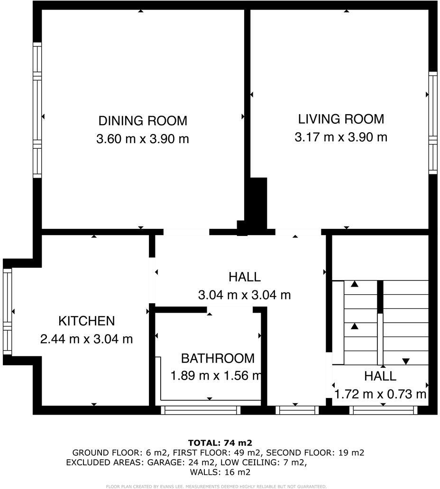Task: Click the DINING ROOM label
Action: [142, 120]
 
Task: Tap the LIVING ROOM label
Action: [341, 118]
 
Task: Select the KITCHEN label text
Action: [86, 321]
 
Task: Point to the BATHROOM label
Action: [218, 358]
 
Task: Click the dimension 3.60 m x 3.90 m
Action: [142, 139]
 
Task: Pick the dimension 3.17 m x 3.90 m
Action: [341, 137]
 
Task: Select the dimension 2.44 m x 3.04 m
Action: [86, 339]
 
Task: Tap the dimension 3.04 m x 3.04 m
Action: [244, 295]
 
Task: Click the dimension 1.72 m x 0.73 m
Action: [380, 394]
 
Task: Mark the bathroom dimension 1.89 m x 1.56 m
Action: [216, 376]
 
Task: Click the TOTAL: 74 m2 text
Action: [220, 443]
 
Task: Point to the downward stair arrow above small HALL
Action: [405, 362]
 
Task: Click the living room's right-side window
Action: [432, 123]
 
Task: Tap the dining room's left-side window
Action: [37, 110]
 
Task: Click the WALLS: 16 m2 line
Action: [220, 472]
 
